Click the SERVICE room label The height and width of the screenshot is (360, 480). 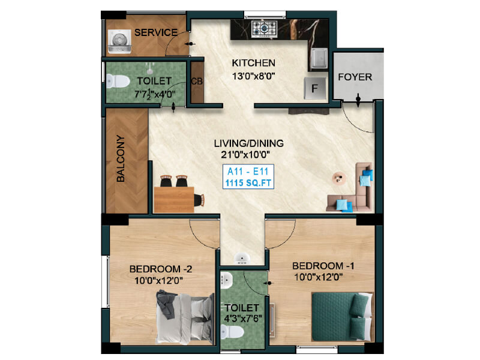pyautogui.click(x=156, y=32)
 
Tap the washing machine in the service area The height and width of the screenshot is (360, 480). pyautogui.click(x=119, y=41)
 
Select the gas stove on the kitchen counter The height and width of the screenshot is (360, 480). pyautogui.click(x=264, y=29)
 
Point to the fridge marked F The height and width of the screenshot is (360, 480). pyautogui.click(x=314, y=88)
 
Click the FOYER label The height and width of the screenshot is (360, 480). pyautogui.click(x=355, y=77)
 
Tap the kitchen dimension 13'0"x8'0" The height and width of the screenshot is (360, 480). pyautogui.click(x=253, y=76)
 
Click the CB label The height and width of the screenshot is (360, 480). pyautogui.click(x=197, y=82)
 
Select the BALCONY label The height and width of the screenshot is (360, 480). pyautogui.click(x=121, y=158)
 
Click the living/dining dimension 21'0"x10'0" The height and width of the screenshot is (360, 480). pyautogui.click(x=245, y=155)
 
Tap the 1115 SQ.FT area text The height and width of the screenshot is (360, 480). pyautogui.click(x=248, y=184)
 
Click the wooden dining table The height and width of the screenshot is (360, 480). pyautogui.click(x=174, y=199)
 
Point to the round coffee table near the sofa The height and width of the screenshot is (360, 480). pyautogui.click(x=340, y=178)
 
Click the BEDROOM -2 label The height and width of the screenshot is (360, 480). pyautogui.click(x=161, y=269)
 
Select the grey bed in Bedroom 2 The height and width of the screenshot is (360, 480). pyautogui.click(x=185, y=318)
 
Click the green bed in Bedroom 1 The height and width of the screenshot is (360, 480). pyautogui.click(x=342, y=317)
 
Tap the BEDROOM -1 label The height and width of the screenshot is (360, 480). pyautogui.click(x=323, y=266)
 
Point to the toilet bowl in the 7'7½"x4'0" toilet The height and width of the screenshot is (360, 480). pyautogui.click(x=117, y=82)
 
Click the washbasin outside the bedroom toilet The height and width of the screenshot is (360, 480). pyautogui.click(x=242, y=259)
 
